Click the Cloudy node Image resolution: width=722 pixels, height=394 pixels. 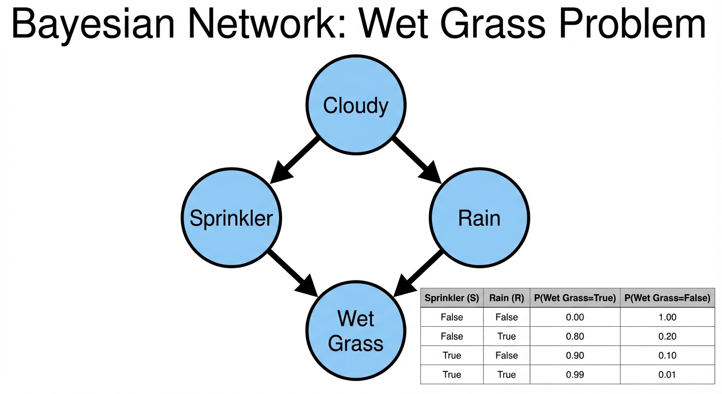(x=355, y=105)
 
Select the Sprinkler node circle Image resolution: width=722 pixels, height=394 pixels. (x=231, y=218)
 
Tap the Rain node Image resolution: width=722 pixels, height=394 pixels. (x=479, y=218)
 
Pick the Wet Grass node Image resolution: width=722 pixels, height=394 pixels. (x=355, y=330)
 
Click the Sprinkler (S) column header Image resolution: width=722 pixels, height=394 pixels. (x=452, y=298)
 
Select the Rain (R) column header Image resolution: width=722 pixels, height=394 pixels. (x=507, y=298)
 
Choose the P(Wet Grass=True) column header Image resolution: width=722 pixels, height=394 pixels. (x=575, y=298)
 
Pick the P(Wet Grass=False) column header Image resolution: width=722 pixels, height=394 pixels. (x=667, y=298)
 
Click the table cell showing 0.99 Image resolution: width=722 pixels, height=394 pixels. (x=575, y=375)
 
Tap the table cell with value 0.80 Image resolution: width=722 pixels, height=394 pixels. (x=575, y=337)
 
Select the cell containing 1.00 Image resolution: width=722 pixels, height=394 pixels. (x=667, y=317)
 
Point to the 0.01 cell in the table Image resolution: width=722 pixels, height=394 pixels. (x=667, y=375)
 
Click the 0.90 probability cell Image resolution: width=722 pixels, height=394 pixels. (x=575, y=356)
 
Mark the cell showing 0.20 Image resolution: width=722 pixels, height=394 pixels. (x=667, y=337)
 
